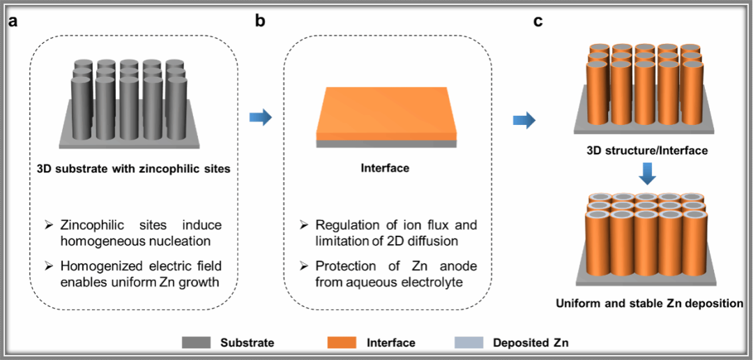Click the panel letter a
[x=13, y=22]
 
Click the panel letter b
[x=260, y=22]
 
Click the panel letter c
[x=538, y=22]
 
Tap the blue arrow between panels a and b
[x=260, y=118]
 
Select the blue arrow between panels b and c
[x=523, y=121]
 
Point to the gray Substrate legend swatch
[x=197, y=343]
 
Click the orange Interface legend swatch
[x=342, y=343]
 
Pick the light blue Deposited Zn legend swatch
[x=469, y=343]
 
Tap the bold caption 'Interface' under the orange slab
[x=384, y=168]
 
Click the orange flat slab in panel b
[x=385, y=112]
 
